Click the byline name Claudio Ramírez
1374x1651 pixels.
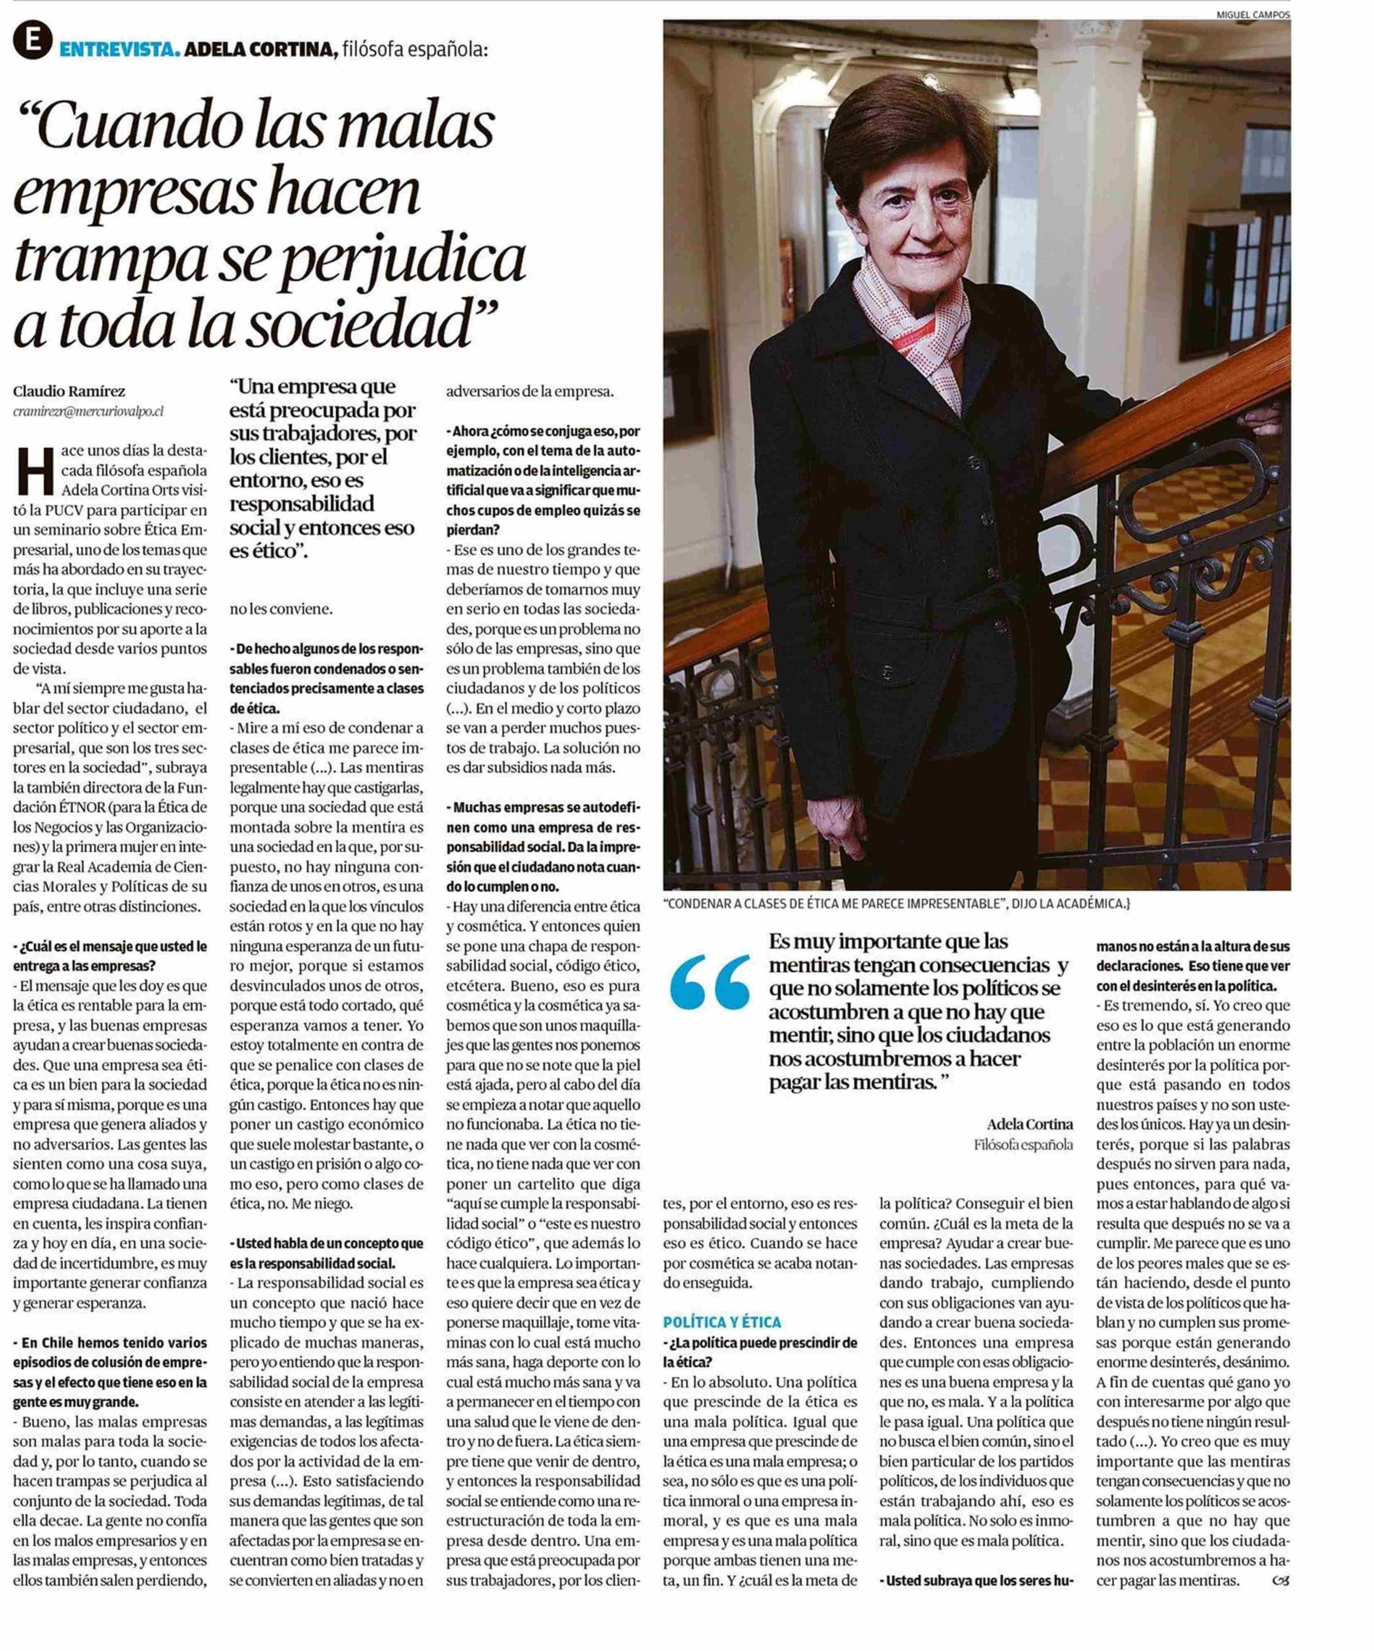(69, 391)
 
